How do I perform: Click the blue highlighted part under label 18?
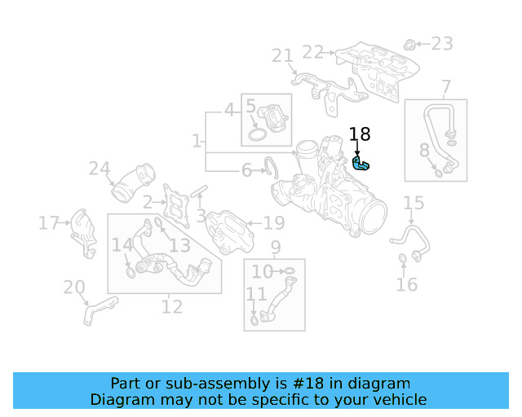point(361,165)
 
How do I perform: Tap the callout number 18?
point(360,134)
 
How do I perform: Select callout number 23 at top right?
point(441,43)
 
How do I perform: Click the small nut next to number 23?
point(411,42)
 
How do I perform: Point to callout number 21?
point(282,55)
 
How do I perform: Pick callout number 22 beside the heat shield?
point(312,52)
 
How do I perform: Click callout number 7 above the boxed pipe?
point(446,86)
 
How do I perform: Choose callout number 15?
point(414,203)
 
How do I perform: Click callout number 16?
point(406,284)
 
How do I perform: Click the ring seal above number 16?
point(403,260)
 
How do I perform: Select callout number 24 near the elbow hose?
point(99,169)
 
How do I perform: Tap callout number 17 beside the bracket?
point(49,222)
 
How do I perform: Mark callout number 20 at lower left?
point(74,287)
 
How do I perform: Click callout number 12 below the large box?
point(172,307)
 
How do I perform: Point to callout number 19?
point(273,222)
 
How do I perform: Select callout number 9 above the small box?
point(276,247)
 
